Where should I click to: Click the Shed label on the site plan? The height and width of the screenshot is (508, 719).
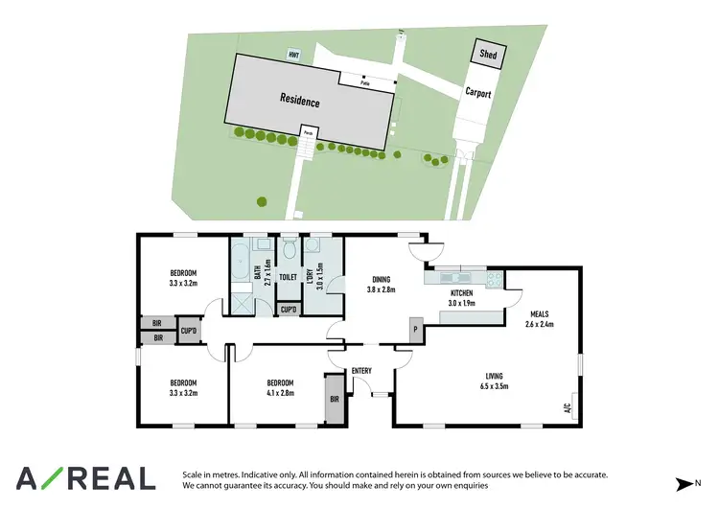click(487, 55)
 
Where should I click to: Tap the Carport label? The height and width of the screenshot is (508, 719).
click(478, 93)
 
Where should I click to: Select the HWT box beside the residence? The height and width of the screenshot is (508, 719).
click(293, 55)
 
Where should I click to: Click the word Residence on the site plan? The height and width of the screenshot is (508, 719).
click(300, 100)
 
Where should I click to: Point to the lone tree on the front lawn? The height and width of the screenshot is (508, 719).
click(261, 201)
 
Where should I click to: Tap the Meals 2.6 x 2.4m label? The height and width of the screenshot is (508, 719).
click(540, 319)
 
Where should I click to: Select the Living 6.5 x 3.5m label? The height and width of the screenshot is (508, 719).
click(495, 381)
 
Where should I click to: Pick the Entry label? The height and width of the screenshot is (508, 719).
click(361, 371)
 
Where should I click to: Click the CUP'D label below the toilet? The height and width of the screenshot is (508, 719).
click(288, 310)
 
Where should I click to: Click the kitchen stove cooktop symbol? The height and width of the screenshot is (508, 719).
click(494, 279)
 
